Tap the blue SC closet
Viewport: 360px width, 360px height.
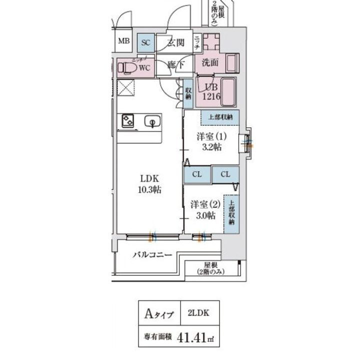(x=145, y=42)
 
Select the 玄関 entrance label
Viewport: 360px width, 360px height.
(x=175, y=42)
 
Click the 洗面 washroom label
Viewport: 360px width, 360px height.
(x=210, y=63)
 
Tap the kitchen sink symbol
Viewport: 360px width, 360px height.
(x=151, y=120)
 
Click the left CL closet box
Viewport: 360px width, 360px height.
(x=196, y=174)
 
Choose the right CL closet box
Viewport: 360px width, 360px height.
(x=225, y=174)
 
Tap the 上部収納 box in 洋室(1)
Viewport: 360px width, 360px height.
(x=220, y=117)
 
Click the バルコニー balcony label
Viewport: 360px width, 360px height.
(x=152, y=255)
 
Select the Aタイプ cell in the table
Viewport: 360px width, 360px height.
(x=159, y=314)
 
